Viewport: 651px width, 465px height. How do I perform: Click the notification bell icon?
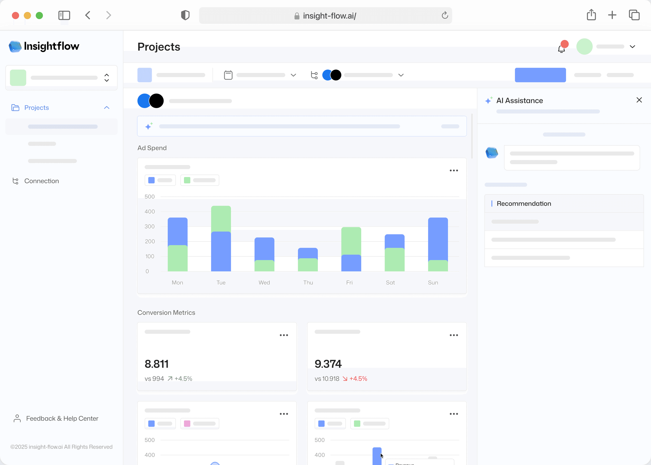pos(561,49)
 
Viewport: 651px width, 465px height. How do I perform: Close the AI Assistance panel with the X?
pos(639,100)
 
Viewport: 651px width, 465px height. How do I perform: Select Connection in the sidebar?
pos(41,181)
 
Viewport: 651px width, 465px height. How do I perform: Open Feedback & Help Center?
pos(62,418)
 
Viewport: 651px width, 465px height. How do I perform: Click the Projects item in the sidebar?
pos(37,108)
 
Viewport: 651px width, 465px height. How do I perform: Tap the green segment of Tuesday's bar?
pos(221,219)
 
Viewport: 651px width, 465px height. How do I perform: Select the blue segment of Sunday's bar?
pos(438,239)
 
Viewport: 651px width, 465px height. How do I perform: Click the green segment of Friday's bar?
pos(351,241)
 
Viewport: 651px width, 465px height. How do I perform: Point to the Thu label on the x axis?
pos(308,283)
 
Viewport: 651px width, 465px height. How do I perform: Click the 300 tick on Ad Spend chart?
pos(150,226)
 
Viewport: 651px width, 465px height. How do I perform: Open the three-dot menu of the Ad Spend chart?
pos(453,171)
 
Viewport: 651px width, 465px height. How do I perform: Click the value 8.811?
pos(156,364)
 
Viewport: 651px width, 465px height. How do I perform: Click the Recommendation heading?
pos(524,204)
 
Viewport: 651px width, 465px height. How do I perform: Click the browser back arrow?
pos(88,15)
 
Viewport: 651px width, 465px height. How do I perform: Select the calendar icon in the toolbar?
pos(228,75)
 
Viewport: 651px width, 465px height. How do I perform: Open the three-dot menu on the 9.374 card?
pos(453,335)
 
